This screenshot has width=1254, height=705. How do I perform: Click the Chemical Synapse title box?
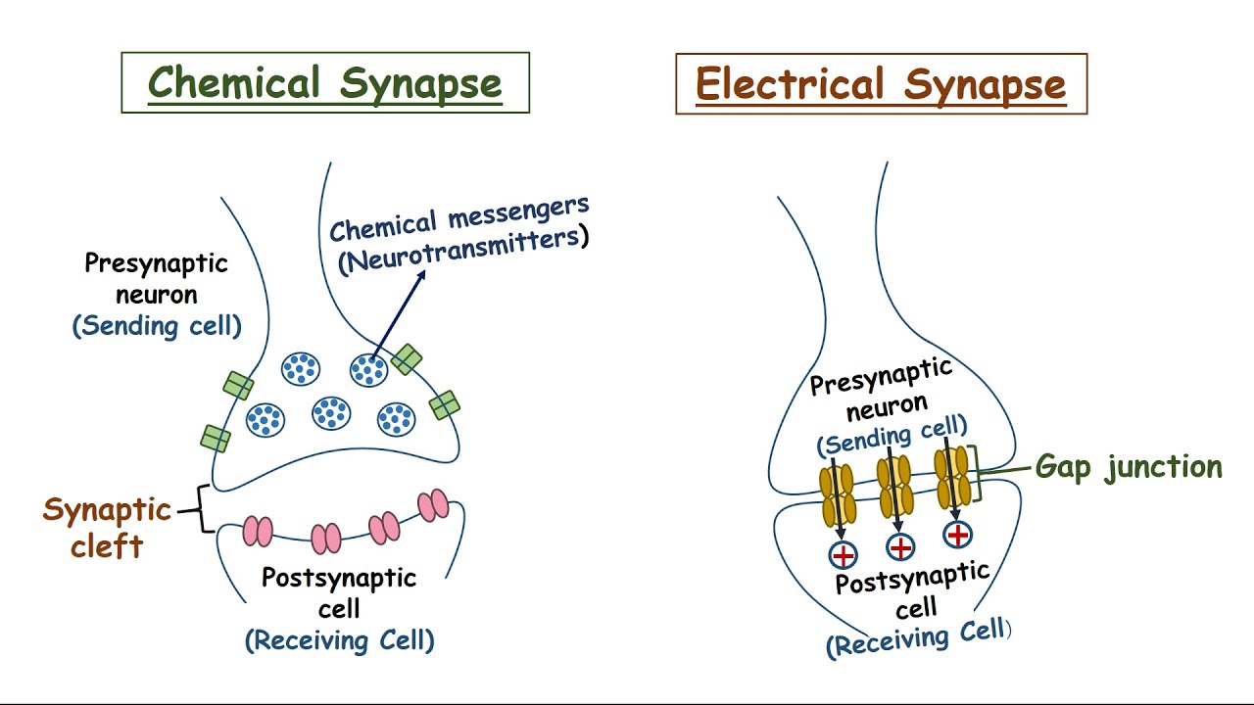point(324,83)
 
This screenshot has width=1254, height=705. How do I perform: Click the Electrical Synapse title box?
point(881,84)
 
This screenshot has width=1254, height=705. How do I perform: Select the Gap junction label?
point(1129,467)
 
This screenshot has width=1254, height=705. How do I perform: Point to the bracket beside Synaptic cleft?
point(204,509)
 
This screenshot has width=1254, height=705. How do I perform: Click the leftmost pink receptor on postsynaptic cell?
point(258,530)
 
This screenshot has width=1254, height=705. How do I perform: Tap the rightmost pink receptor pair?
point(432,505)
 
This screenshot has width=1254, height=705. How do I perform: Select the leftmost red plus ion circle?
point(843,555)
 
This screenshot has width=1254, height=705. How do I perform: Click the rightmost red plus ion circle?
point(957,535)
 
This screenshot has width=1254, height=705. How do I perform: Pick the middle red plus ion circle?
point(900,547)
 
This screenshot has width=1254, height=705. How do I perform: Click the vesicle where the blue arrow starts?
point(368,370)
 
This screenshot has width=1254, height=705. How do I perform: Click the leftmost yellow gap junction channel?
point(838,494)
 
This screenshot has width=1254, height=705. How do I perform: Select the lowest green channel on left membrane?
point(216,438)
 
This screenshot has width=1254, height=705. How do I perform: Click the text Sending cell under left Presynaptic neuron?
point(157,326)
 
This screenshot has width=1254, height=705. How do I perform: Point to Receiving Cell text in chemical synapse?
point(339,640)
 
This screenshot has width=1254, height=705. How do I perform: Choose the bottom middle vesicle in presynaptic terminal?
point(331,413)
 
